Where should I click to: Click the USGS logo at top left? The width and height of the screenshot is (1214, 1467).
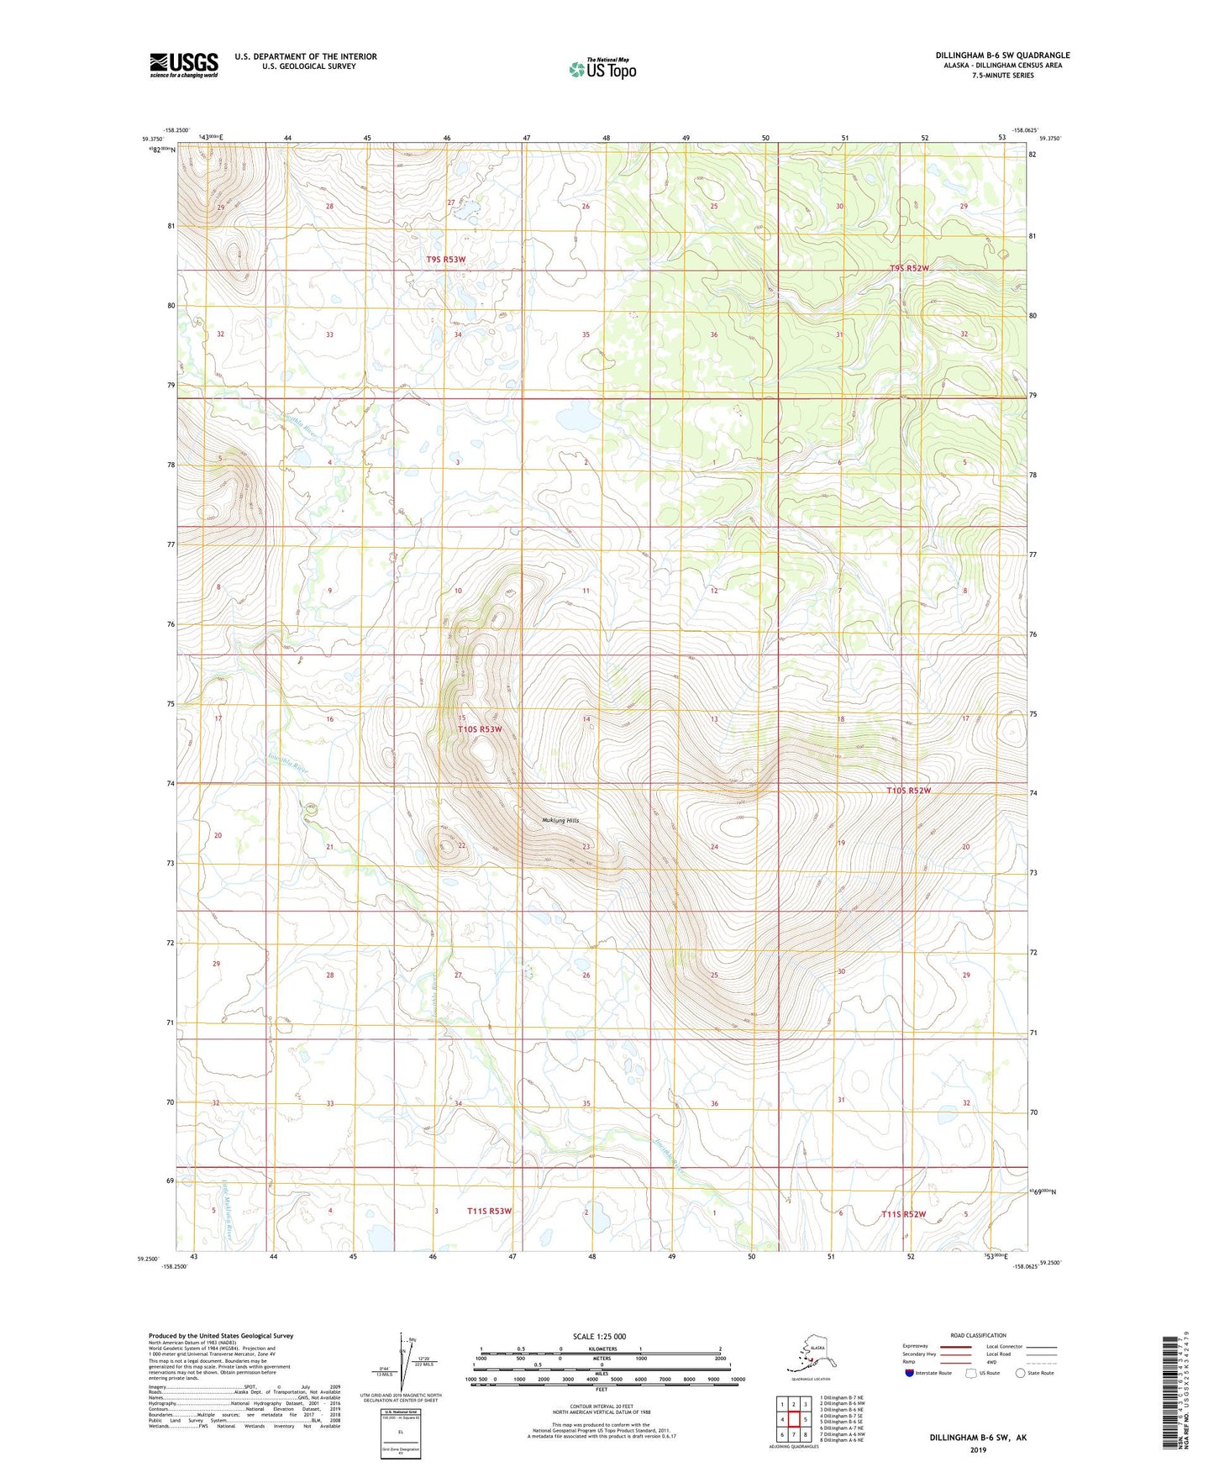tap(184, 65)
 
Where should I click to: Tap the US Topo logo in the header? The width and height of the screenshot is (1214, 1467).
tap(602, 69)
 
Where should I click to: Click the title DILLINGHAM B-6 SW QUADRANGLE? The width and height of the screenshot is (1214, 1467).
tap(1002, 55)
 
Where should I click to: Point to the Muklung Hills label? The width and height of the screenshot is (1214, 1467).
tap(560, 821)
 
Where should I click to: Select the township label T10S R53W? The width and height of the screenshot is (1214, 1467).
tap(480, 729)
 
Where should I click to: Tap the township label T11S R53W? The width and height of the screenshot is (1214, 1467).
tap(489, 1211)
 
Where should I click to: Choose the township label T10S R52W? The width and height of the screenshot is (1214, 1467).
tap(909, 791)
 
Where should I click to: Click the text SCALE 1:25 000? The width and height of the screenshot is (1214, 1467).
tap(599, 1336)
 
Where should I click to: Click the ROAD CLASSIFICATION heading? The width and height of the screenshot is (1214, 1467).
tap(978, 1335)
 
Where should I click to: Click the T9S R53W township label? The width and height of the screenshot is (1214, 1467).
tap(445, 260)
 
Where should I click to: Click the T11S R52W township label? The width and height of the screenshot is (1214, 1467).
tap(903, 1214)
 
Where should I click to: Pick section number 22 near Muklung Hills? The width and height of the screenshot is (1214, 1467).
tap(461, 845)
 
